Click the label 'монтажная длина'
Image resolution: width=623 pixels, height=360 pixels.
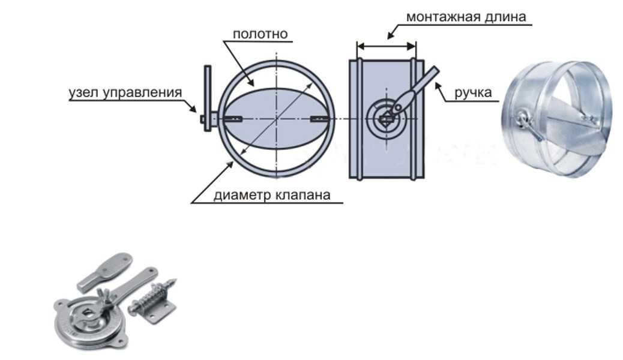click(x=465, y=16)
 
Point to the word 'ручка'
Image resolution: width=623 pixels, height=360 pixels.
click(x=473, y=93)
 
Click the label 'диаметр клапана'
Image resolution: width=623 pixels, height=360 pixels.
click(x=271, y=196)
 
